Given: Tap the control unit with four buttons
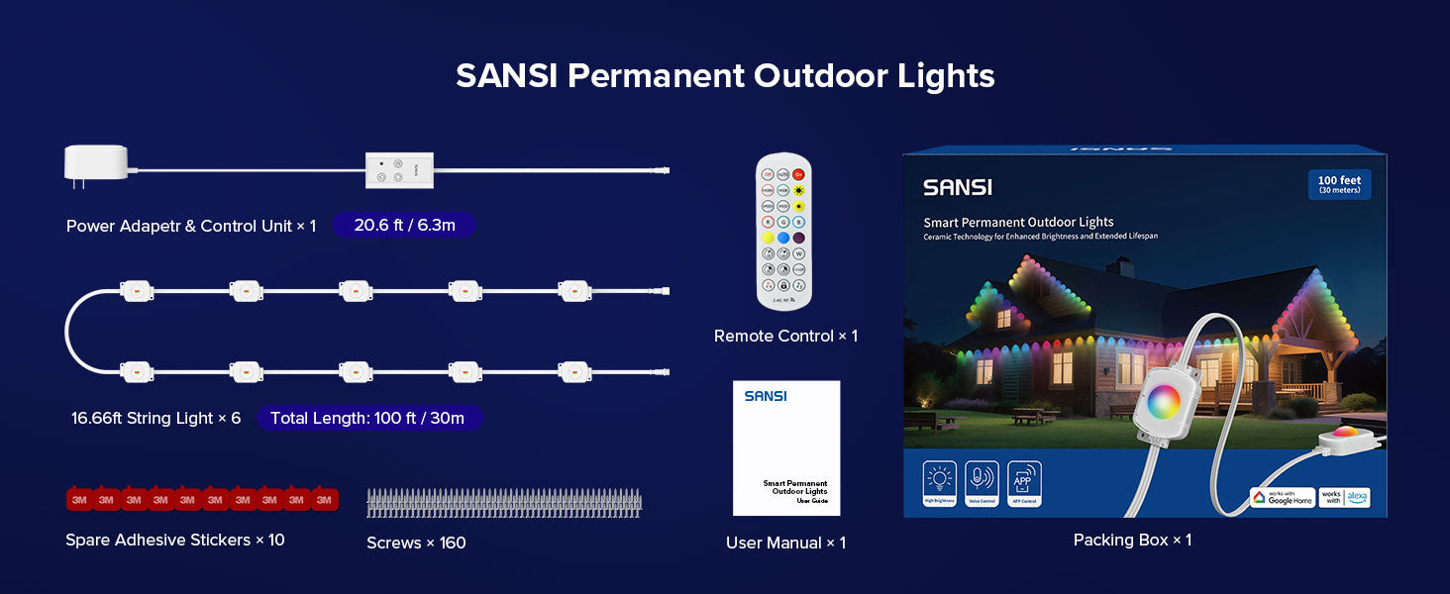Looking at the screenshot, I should [398, 170].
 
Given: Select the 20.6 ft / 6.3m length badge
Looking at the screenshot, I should [404, 226].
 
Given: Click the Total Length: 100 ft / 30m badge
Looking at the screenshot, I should [367, 418].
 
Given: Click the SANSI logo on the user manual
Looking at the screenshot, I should [766, 396].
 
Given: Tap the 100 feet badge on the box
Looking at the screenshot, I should [1339, 184].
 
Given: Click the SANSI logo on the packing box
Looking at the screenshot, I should [957, 187].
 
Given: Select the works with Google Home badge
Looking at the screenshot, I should [1282, 498].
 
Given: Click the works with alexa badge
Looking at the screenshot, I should [1345, 498].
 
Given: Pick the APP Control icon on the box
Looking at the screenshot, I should [1024, 484].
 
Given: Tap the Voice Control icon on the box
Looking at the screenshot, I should [982, 484].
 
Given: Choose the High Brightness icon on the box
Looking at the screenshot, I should [939, 484].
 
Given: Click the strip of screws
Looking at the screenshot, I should [503, 503].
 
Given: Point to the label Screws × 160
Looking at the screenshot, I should [416, 543].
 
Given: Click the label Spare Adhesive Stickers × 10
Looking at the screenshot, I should [175, 540].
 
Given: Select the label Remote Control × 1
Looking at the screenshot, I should [785, 337].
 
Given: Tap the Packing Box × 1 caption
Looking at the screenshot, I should [1132, 540].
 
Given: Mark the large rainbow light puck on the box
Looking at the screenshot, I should [1164, 402].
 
